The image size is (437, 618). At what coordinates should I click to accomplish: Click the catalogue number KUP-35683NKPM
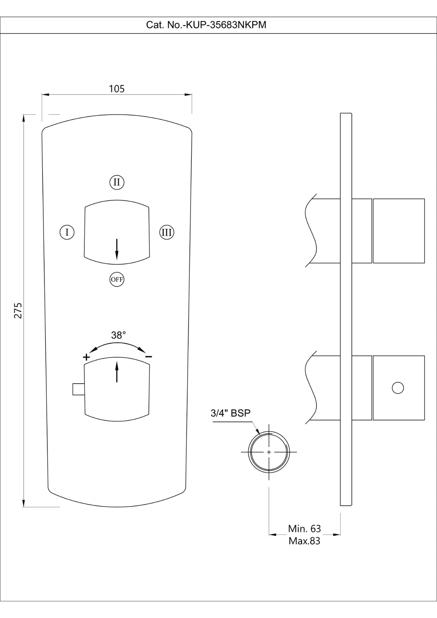point(206,25)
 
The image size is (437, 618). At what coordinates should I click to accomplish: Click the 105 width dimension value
point(117,89)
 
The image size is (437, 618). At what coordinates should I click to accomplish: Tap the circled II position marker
point(117,182)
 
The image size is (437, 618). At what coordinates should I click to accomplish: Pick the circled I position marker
point(67,232)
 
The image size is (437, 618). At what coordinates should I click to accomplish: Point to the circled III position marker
point(167,232)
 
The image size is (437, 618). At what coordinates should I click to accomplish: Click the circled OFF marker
point(117,279)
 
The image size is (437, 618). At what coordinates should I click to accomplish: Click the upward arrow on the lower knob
point(117,372)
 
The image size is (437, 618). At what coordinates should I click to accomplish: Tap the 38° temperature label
point(118,335)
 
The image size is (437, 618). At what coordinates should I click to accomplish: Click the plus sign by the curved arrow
point(86,357)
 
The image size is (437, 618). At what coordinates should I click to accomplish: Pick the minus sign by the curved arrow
point(148,357)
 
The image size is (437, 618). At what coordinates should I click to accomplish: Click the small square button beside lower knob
point(78,389)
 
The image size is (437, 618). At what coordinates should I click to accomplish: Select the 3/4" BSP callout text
point(230,413)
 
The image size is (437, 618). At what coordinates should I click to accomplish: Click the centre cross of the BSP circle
point(269,452)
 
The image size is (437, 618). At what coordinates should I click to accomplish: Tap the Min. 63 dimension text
point(304,528)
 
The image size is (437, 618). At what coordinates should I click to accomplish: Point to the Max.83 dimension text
point(304,541)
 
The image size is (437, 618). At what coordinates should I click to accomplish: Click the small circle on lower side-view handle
point(398,388)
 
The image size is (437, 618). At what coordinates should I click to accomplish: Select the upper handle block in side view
point(398,231)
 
